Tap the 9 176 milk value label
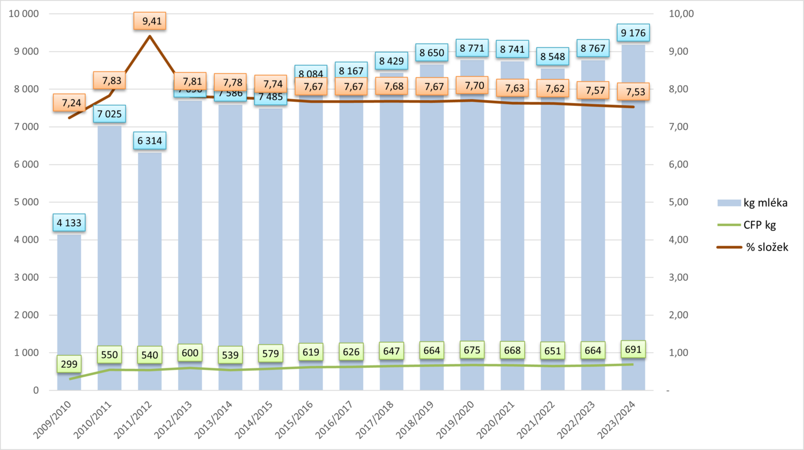[x=633, y=33]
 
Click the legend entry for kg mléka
[x=752, y=203]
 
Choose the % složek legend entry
[x=752, y=247]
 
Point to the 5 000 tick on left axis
[x=25, y=202]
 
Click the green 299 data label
[x=69, y=364]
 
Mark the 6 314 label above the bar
[x=149, y=141]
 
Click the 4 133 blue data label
[x=69, y=222]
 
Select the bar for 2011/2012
[x=149, y=276]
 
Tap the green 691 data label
[x=632, y=349]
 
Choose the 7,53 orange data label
[x=633, y=91]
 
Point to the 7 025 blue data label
[x=109, y=114]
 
